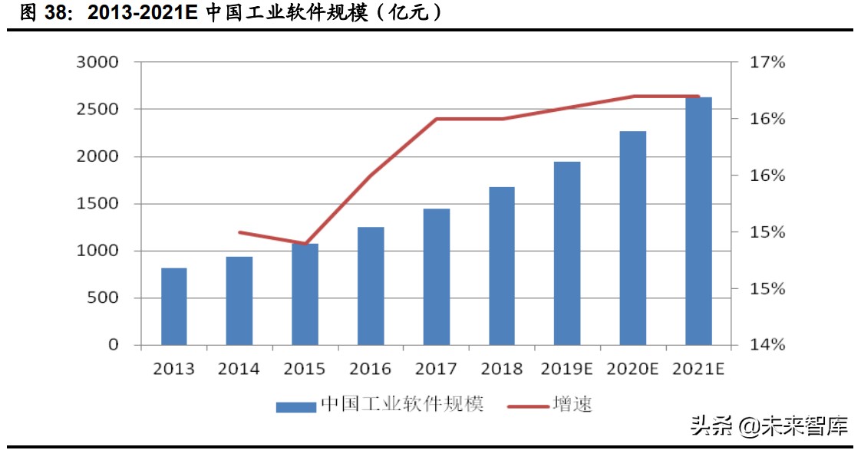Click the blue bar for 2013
[x=174, y=307]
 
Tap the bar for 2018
[x=502, y=266]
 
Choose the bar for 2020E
[x=633, y=238]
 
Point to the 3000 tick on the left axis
[x=97, y=62]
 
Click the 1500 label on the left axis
[x=97, y=204]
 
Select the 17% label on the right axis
[x=767, y=62]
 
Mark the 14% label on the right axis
[x=767, y=345]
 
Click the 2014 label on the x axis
[x=239, y=370]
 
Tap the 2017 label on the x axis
[x=436, y=370]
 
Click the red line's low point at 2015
[x=305, y=244]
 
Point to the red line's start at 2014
[x=240, y=232]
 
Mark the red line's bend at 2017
[x=437, y=119]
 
